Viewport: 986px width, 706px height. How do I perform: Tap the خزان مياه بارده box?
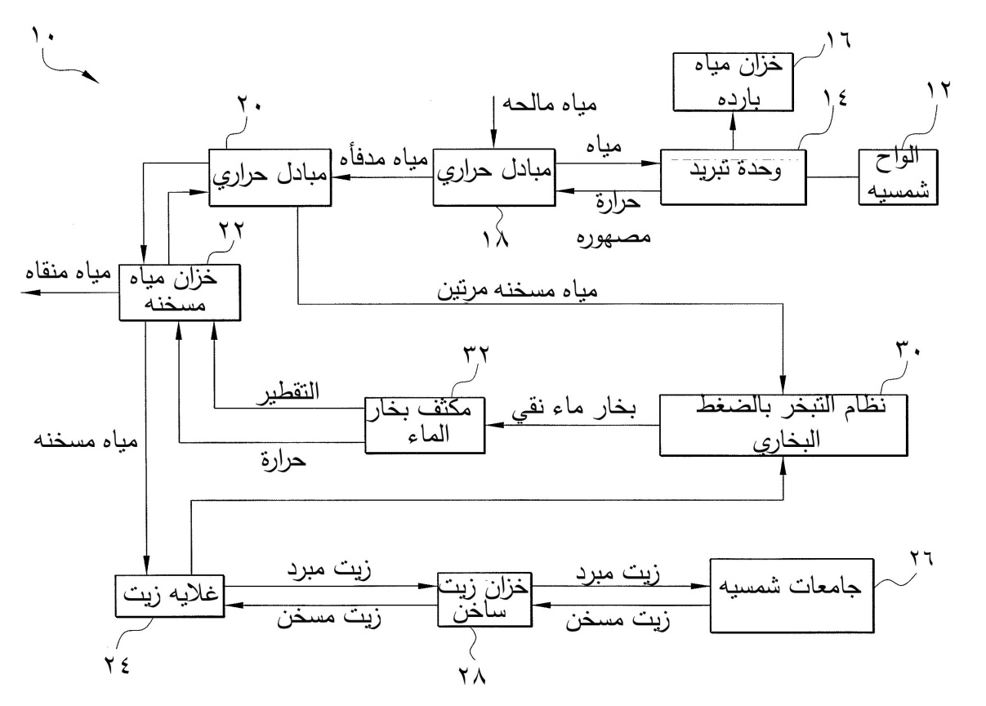(x=732, y=81)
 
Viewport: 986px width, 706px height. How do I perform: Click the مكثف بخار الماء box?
(x=425, y=424)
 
